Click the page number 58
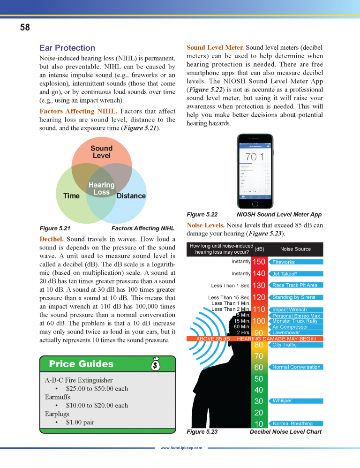[x=25, y=28]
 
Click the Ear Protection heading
[x=67, y=48]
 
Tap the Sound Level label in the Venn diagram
[x=101, y=151]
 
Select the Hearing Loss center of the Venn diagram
[x=101, y=189]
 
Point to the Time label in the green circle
[x=71, y=196]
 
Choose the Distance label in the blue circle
[x=131, y=196]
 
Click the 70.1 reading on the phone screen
[x=255, y=157]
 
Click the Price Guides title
[x=81, y=364]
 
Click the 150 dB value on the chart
[x=259, y=262]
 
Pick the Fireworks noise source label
[x=283, y=262]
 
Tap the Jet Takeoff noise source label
[x=285, y=274]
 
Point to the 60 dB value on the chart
[x=259, y=367]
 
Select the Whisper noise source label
[x=282, y=401]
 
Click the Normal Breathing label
[x=292, y=424]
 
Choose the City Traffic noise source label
[x=284, y=345]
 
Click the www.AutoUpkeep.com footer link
[x=181, y=448]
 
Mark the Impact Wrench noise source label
[x=289, y=309]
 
